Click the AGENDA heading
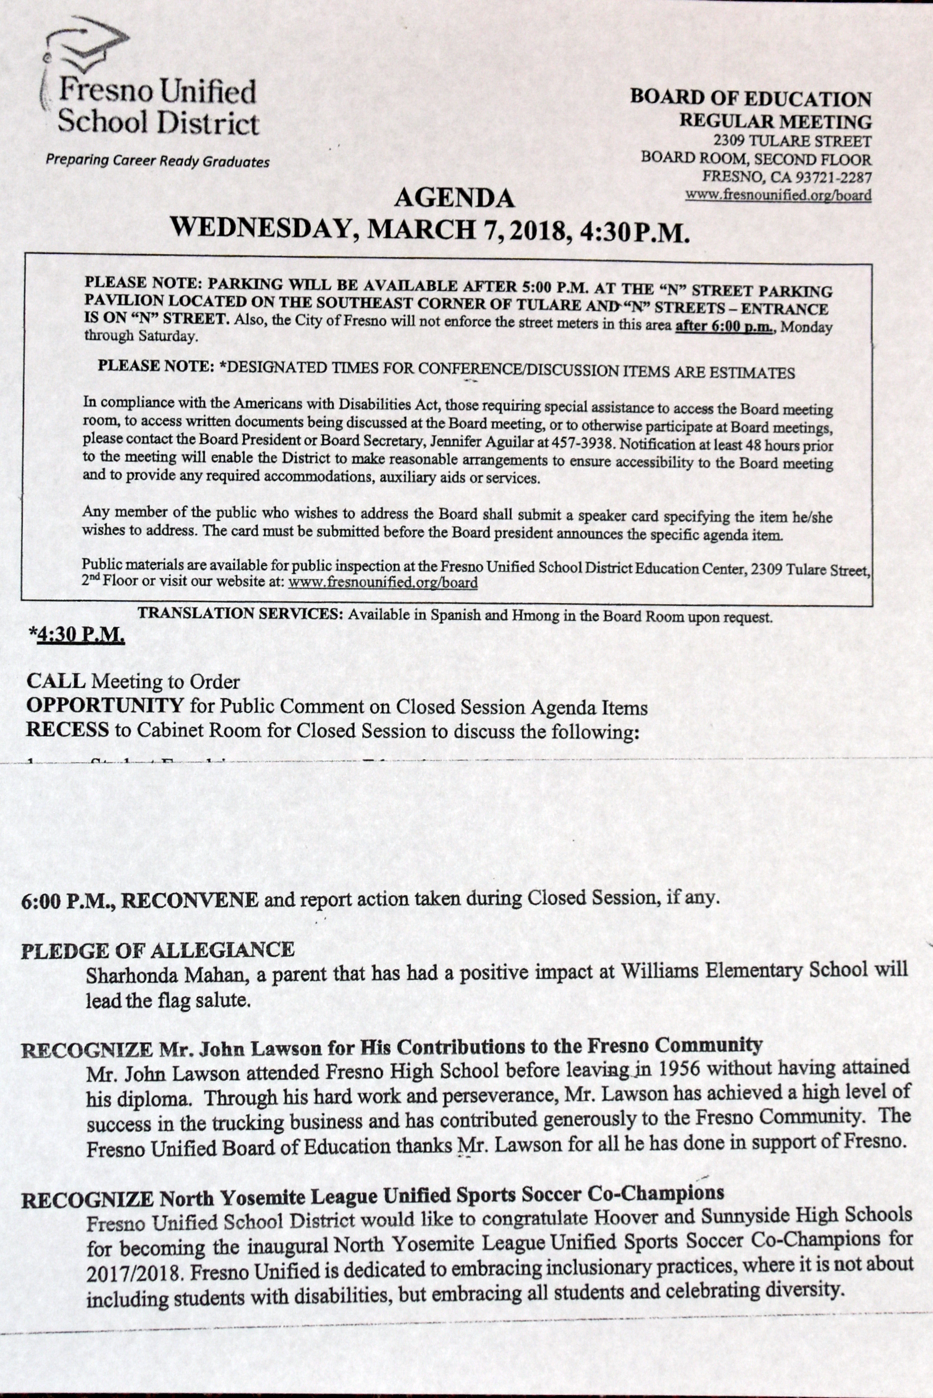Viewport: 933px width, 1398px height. point(454,198)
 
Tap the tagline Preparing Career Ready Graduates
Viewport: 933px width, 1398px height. point(157,161)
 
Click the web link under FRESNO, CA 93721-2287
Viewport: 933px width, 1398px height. point(778,195)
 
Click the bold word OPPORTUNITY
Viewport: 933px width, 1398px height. point(105,706)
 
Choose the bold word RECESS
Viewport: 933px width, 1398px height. point(67,730)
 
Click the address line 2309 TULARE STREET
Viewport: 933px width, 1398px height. point(792,142)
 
